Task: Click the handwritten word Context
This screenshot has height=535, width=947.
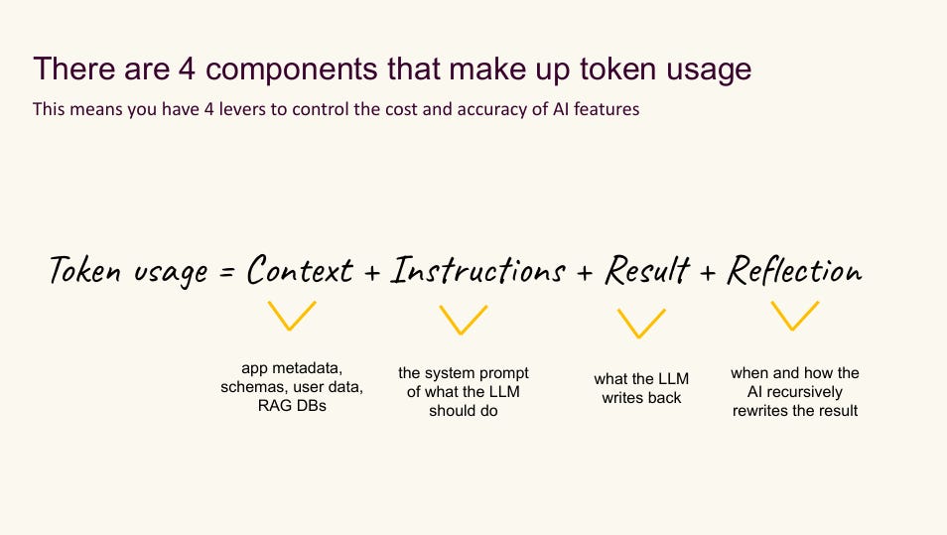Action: click(x=300, y=270)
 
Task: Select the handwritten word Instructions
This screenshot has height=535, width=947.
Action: click(x=477, y=270)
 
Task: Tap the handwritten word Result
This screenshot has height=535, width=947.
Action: click(x=647, y=270)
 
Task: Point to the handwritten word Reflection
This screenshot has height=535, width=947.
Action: click(x=794, y=270)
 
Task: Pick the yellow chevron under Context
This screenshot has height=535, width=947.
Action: click(x=293, y=317)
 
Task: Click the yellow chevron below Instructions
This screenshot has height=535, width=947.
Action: click(x=464, y=320)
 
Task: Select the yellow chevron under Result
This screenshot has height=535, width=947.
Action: click(x=641, y=324)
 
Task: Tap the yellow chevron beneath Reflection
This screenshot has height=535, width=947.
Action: click(x=794, y=316)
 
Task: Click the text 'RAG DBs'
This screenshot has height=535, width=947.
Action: click(x=292, y=405)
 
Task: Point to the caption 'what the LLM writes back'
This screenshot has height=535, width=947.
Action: click(x=641, y=388)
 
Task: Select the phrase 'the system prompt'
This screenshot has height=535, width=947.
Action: click(x=464, y=373)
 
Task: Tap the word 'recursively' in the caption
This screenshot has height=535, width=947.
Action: click(x=804, y=392)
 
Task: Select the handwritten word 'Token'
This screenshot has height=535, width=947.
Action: click(x=86, y=270)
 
